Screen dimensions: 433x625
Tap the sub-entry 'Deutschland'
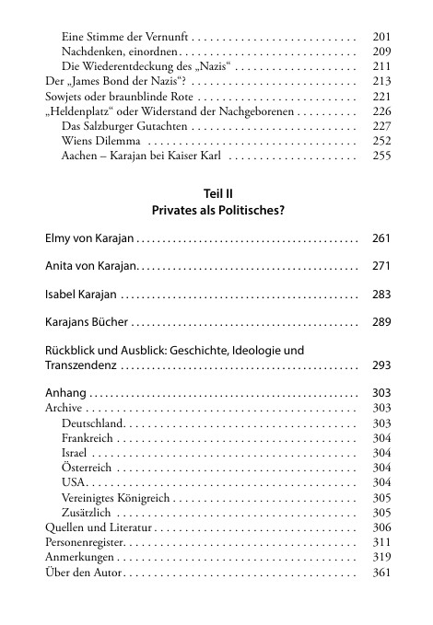point(91,422)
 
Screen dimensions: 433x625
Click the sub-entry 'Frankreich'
point(88,438)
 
